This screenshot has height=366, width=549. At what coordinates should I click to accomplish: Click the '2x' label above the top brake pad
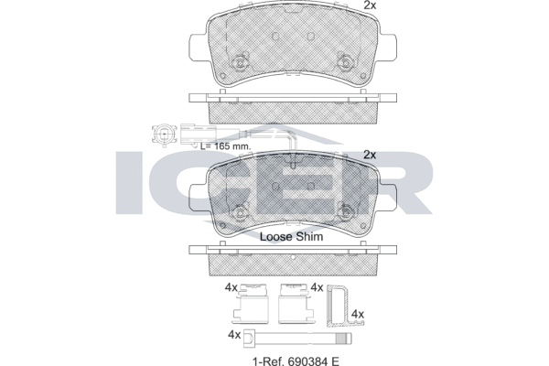(x=370, y=6)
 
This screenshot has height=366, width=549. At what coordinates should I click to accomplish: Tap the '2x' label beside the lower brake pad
(x=370, y=155)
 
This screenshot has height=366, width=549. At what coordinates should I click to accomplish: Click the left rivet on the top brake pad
(x=241, y=64)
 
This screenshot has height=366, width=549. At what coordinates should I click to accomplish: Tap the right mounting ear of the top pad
(x=392, y=44)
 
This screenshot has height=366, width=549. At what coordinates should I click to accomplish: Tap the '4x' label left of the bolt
(x=232, y=335)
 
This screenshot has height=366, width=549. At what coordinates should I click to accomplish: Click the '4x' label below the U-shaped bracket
(x=358, y=314)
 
